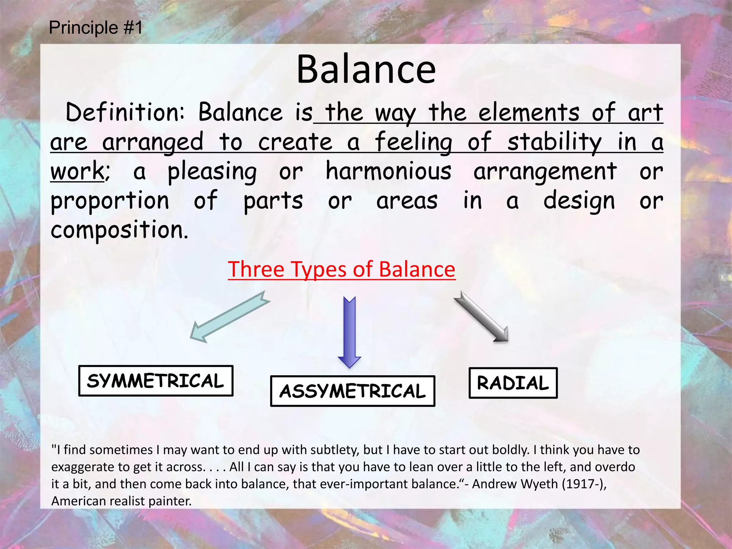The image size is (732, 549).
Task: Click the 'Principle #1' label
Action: [x=95, y=28]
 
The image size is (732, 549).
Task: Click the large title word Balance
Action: [x=366, y=70]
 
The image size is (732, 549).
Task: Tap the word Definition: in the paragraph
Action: [x=125, y=113]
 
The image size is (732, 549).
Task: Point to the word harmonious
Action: [x=389, y=172]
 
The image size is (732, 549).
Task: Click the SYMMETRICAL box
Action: [x=156, y=381]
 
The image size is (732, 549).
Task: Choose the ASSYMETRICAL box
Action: [x=352, y=391]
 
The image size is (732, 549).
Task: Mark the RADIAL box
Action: [x=513, y=383]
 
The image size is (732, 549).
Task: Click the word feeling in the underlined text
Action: [x=414, y=142]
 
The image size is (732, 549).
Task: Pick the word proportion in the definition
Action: [x=110, y=201]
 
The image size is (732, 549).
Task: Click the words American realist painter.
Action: [x=122, y=501]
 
